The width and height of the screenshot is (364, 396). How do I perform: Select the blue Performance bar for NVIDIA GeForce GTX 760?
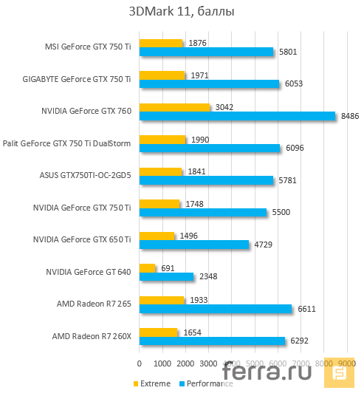point(236,116)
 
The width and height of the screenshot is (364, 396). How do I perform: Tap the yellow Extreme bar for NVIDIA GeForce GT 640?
point(148,267)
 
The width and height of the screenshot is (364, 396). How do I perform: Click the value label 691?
point(167,267)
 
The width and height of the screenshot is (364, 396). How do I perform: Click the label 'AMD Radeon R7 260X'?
point(92,336)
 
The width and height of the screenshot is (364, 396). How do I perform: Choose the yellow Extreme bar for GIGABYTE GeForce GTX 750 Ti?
point(162,75)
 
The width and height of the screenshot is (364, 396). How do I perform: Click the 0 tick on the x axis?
point(140,363)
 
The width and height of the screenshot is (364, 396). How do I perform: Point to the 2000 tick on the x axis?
point(185,363)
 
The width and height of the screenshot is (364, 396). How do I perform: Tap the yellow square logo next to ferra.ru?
point(342,374)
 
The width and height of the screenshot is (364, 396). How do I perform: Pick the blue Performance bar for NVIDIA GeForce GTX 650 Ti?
point(194,245)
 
